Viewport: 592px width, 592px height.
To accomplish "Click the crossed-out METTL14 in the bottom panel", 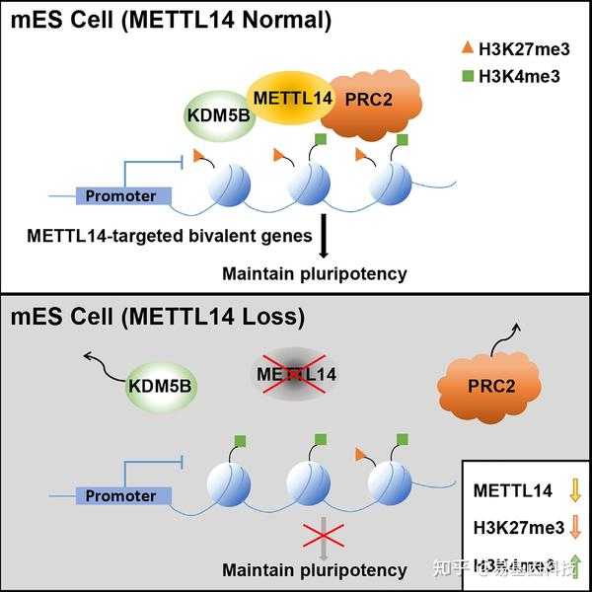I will pos(296,374).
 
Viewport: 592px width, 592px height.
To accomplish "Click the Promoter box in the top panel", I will pos(121,195).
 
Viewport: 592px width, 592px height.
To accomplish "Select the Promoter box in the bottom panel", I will pos(121,495).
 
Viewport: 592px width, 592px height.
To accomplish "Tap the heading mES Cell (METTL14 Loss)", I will pos(158,318).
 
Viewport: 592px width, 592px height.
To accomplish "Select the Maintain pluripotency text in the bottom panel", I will pos(314,569).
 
